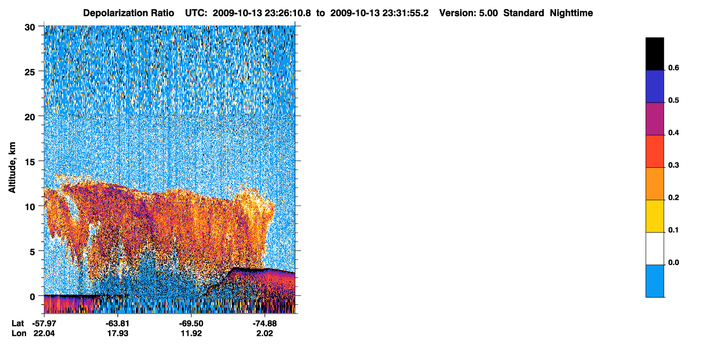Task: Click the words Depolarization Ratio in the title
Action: click(x=129, y=13)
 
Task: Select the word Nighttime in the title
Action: click(x=571, y=13)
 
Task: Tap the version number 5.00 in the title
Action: click(x=488, y=13)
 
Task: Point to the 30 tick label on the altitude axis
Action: click(x=30, y=28)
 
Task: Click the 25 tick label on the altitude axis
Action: click(x=30, y=72)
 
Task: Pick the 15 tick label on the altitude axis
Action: click(x=30, y=162)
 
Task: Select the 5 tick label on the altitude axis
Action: click(x=32, y=252)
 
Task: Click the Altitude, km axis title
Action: click(x=12, y=167)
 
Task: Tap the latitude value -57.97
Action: click(x=44, y=323)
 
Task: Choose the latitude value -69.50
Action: click(x=191, y=323)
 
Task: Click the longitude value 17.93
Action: click(x=118, y=334)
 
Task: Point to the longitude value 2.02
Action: click(x=265, y=334)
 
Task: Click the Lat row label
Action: click(x=18, y=323)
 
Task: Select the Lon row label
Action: click(x=19, y=334)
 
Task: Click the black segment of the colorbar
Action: click(x=654, y=54)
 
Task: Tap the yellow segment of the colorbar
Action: click(x=654, y=216)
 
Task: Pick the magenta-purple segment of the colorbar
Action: click(x=654, y=119)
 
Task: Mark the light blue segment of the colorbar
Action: click(x=654, y=281)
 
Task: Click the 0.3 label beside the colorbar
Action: click(x=673, y=165)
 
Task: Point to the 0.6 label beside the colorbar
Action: click(x=673, y=67)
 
